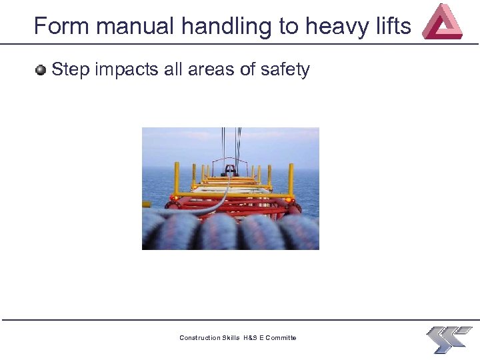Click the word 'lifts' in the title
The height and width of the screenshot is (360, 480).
click(x=393, y=26)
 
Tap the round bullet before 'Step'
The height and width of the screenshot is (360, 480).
click(x=41, y=69)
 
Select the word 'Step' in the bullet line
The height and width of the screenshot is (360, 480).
click(x=71, y=70)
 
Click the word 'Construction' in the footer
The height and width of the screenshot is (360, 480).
click(x=200, y=338)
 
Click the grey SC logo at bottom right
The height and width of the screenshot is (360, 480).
click(x=448, y=339)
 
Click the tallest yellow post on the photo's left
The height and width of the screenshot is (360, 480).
click(x=177, y=178)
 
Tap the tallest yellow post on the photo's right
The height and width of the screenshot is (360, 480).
click(x=291, y=179)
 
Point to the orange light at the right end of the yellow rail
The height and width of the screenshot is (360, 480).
click(x=289, y=199)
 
